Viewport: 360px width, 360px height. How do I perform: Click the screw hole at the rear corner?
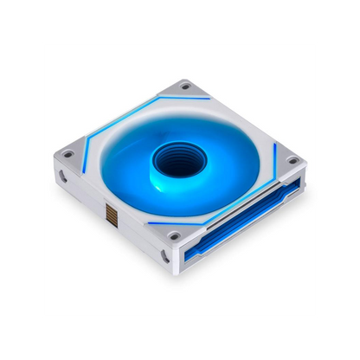pos(184,87)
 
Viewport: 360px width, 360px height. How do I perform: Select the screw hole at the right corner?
pos(293,159)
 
